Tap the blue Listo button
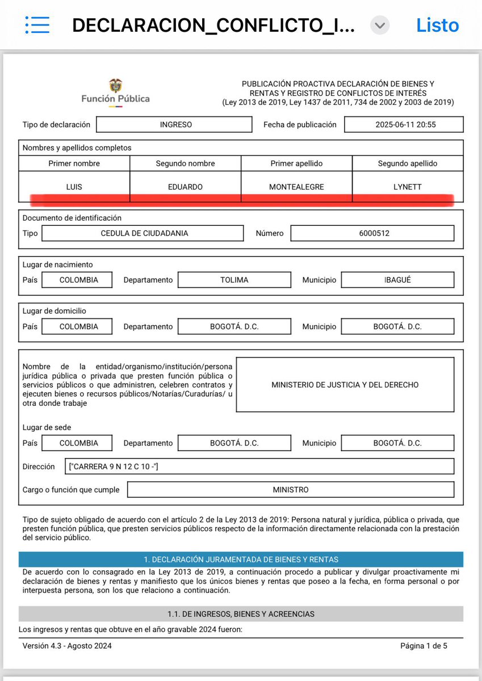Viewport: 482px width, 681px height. [437, 26]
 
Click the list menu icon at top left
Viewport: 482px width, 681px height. [37, 25]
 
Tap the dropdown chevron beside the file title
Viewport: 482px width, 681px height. [380, 26]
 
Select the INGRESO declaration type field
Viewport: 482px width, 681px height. [174, 124]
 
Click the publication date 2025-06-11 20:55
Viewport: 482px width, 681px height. [404, 124]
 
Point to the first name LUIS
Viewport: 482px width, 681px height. [74, 187]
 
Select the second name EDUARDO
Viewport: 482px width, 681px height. [186, 187]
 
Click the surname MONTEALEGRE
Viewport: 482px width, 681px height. [296, 187]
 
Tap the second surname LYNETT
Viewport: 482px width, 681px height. [408, 187]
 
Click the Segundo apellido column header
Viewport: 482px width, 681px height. [408, 163]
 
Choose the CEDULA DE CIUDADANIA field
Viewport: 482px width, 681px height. [142, 233]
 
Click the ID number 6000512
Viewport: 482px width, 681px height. [372, 233]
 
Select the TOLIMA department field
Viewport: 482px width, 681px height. [234, 280]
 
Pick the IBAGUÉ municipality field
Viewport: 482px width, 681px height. [397, 280]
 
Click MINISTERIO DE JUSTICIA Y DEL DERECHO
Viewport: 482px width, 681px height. [345, 385]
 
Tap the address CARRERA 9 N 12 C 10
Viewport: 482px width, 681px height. [113, 466]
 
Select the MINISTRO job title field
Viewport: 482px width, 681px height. [291, 489]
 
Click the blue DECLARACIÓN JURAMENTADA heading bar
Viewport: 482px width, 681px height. [241, 560]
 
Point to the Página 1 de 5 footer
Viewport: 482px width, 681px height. [424, 646]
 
